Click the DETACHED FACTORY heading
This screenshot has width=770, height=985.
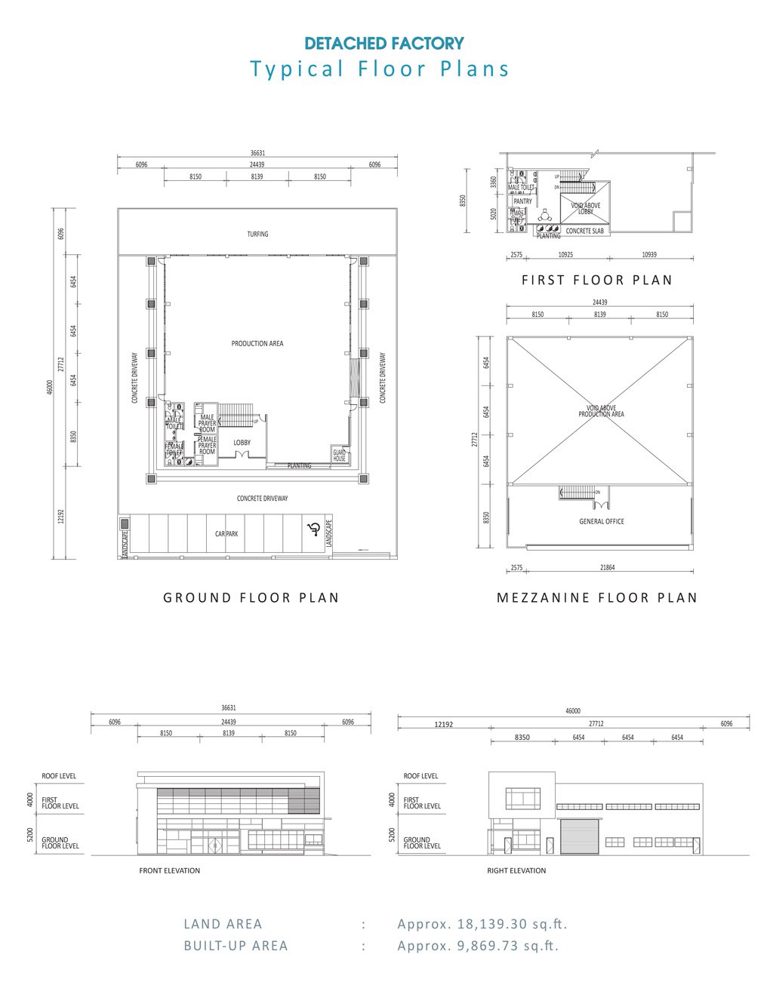pos(384,44)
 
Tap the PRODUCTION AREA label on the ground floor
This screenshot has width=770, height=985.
pos(257,344)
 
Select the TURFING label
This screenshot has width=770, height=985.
pos(257,234)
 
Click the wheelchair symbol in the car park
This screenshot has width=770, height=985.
pos(312,529)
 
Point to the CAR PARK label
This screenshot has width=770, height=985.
pos(226,534)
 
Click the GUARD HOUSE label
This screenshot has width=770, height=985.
pos(340,456)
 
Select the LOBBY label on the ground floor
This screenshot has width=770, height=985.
pos(242,443)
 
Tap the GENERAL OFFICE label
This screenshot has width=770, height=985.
pos(602,521)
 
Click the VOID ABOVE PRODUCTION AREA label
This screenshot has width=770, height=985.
pos(602,411)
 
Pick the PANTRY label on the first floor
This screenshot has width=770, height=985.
pos(522,201)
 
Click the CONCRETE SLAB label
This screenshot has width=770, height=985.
pos(585,231)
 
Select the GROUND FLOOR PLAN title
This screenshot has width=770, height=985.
pos(251,597)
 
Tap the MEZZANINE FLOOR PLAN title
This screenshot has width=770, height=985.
pos(597,597)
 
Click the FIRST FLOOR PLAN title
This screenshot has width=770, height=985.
pos(597,280)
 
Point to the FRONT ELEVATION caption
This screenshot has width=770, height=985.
pos(170,870)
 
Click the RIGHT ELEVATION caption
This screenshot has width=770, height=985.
pos(517,870)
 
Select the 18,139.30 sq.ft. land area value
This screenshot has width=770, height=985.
pos(482,924)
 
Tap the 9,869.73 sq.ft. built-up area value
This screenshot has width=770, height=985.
pos(479,946)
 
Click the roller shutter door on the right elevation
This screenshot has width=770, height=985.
pos(580,836)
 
